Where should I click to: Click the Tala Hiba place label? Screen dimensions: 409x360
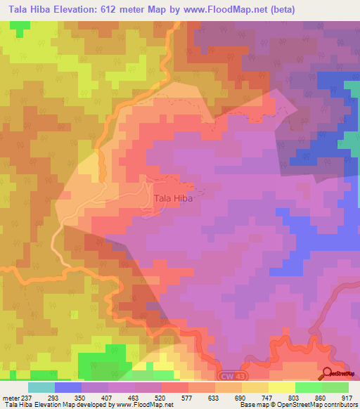173,198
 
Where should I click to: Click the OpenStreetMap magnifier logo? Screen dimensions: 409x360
328,372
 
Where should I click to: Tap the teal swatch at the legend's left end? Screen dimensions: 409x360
41,387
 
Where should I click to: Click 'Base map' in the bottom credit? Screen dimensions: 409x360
252,405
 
